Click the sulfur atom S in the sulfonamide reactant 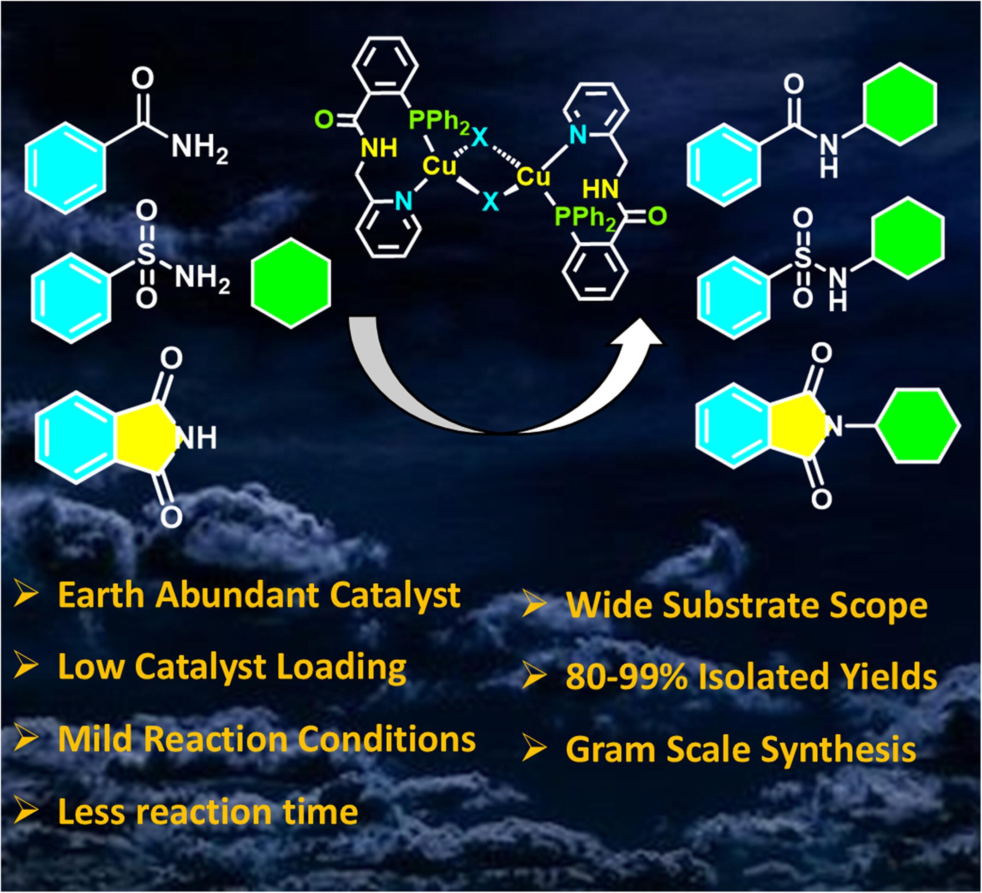pos(146,255)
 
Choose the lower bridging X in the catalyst pos(491,201)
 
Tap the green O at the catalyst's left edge pos(324,119)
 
